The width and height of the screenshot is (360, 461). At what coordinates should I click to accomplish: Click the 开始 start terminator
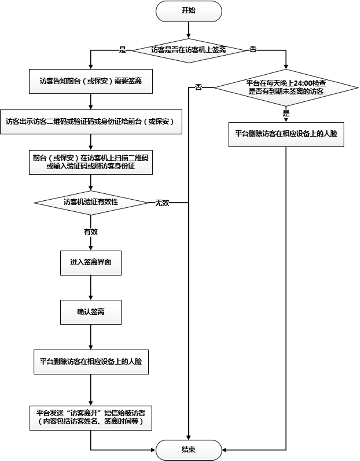coord(189,11)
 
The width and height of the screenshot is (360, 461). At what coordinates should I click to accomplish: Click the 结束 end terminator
coord(189,450)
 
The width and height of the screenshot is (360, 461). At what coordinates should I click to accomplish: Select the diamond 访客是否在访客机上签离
coord(189,50)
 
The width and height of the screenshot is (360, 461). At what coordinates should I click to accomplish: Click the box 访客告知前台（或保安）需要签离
coord(90,82)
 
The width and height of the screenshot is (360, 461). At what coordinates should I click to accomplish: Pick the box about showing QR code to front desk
coord(90,121)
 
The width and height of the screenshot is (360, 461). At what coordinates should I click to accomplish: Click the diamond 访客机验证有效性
coord(90,202)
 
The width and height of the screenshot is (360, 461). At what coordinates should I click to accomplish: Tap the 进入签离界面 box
coord(90,262)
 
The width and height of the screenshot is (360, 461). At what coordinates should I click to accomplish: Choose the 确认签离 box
coord(90,312)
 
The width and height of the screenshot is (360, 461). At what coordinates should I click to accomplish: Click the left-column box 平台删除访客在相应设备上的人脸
coord(90,362)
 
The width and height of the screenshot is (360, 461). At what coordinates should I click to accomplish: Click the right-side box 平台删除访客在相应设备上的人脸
coord(286,133)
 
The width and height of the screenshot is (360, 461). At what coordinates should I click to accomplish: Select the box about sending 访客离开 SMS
coord(90,418)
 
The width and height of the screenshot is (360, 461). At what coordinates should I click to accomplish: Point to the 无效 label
coord(162,203)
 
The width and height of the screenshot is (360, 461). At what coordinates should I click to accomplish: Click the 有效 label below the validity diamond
coord(90,232)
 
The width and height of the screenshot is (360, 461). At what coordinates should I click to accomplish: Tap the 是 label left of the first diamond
coord(122,50)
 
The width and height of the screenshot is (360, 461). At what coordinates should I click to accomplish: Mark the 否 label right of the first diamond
coord(253,50)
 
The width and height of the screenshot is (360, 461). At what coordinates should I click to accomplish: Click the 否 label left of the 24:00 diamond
coord(198,88)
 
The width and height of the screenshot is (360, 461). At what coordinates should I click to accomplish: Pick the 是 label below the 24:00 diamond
coord(286,114)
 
